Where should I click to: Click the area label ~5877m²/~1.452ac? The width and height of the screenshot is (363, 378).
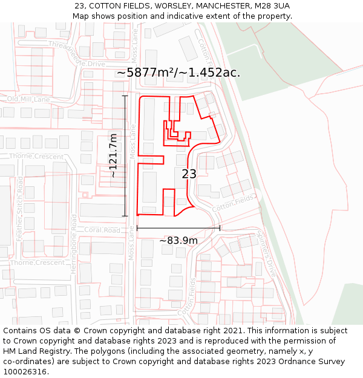click(x=178, y=73)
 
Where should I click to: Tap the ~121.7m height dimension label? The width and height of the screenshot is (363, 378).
click(x=113, y=155)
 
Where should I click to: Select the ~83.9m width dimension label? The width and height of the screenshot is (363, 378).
click(x=178, y=240)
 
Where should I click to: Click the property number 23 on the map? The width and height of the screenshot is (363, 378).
click(x=189, y=174)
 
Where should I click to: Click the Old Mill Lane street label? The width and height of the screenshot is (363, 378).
click(x=28, y=99)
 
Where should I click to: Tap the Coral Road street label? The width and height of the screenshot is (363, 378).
click(x=102, y=230)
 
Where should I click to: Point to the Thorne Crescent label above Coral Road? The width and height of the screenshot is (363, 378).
click(x=36, y=156)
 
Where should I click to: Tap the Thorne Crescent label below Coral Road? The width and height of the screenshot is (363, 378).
click(x=37, y=262)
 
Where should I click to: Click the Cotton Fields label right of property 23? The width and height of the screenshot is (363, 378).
click(x=234, y=203)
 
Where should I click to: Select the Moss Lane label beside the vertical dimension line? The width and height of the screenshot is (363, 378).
click(x=133, y=142)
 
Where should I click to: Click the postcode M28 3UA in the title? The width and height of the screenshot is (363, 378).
click(x=272, y=5)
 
